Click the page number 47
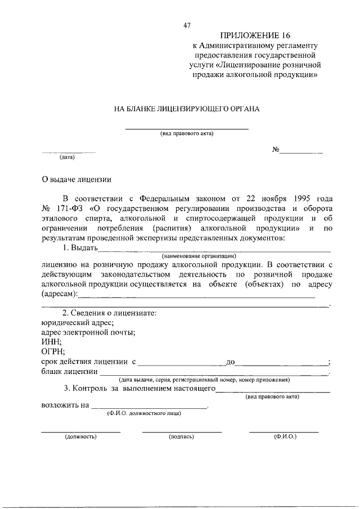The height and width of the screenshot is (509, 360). [187, 25]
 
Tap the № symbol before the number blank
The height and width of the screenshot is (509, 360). [276, 150]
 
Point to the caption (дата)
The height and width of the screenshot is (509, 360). [67, 158]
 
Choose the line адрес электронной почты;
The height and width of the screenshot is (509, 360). [88, 332]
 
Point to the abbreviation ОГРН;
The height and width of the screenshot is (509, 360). [53, 352]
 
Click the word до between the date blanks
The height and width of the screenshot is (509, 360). [229, 362]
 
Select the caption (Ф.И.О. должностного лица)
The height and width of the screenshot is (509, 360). [145, 413]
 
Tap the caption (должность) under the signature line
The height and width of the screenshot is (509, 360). [80, 436]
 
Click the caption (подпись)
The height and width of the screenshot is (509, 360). [181, 436]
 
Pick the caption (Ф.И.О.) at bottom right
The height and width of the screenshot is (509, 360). [285, 436]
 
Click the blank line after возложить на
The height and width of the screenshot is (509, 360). [149, 406]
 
